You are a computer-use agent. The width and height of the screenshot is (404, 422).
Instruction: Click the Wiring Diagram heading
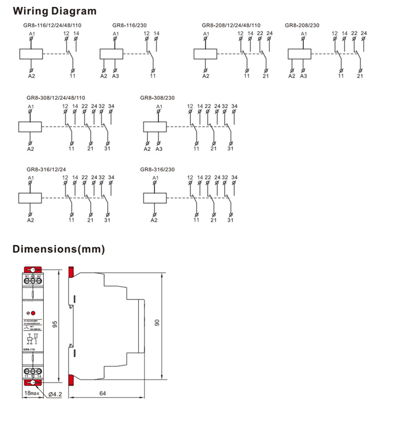tap(54, 11)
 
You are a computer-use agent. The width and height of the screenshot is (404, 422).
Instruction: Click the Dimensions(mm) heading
tap(59, 250)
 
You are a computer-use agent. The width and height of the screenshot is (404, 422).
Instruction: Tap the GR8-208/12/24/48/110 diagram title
tap(231, 25)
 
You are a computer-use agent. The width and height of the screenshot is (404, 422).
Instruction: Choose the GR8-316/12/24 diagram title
tap(46, 169)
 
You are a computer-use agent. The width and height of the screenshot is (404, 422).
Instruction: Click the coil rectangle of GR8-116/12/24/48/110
tap(31, 54)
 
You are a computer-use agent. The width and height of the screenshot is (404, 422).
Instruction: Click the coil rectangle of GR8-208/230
tap(299, 54)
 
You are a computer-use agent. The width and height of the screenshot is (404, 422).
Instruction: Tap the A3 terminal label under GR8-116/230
tap(115, 76)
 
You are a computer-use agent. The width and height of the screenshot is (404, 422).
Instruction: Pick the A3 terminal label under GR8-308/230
tap(159, 149)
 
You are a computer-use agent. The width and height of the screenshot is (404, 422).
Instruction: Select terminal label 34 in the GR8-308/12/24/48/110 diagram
tap(111, 106)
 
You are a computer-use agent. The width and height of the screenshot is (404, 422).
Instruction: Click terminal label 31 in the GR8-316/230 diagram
tap(230, 220)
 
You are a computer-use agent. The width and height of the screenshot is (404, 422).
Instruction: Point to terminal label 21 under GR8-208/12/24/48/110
tap(266, 76)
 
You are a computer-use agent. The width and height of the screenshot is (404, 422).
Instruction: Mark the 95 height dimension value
tap(55, 324)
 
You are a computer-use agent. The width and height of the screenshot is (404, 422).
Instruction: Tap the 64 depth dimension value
tap(103, 394)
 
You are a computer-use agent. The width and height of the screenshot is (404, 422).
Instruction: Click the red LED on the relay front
tap(34, 313)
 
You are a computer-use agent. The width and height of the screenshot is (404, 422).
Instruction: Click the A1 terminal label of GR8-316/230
tap(156, 177)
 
